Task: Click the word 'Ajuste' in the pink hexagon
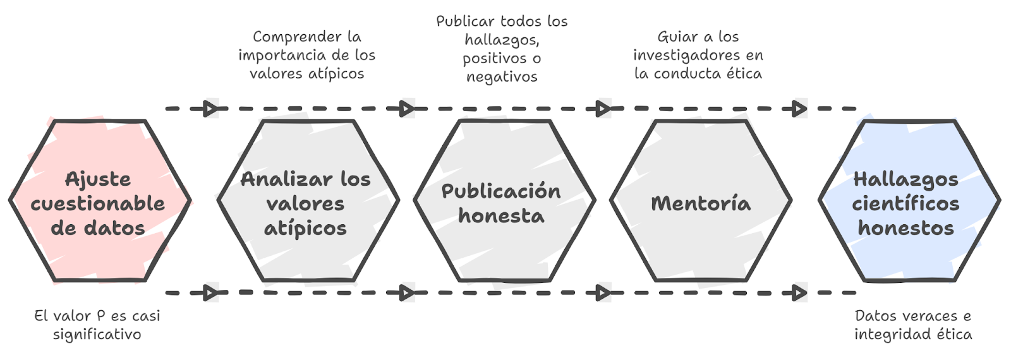98,179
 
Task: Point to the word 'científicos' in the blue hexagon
905,204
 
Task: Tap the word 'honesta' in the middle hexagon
501,216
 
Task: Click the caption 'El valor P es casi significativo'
97,325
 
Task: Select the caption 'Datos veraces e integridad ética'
913,325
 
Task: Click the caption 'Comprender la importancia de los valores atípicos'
306,55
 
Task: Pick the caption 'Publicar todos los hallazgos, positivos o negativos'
502,49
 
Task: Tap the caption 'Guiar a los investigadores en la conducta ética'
698,55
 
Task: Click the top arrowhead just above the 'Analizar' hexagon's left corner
211,109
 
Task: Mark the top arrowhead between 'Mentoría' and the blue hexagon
800,109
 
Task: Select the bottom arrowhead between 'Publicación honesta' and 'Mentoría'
604,293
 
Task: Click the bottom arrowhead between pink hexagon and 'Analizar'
211,293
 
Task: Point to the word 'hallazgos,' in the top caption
502,40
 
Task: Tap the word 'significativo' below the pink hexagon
97,334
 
